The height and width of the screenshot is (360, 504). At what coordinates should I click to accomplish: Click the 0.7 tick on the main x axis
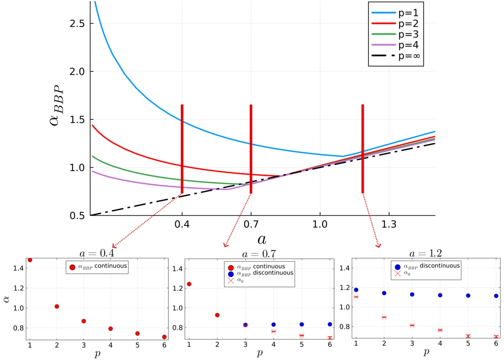251,224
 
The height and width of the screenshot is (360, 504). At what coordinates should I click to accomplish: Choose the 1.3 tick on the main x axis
389,224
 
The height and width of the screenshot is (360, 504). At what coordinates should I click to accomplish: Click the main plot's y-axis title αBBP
58,107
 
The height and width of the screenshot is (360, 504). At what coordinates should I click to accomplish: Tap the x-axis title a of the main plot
262,239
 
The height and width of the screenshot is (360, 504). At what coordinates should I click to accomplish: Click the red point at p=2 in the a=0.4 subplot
57,306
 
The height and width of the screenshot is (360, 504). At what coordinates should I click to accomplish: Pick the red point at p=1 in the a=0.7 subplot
189,284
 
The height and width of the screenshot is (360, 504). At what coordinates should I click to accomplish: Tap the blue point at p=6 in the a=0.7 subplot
330,324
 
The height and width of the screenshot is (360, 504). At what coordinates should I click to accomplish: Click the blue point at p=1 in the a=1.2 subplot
356,290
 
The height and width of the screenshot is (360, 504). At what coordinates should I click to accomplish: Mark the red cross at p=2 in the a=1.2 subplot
384,317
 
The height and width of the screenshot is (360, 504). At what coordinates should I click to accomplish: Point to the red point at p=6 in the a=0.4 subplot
164,337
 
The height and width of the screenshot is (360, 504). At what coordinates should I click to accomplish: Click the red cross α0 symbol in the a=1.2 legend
397,274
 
